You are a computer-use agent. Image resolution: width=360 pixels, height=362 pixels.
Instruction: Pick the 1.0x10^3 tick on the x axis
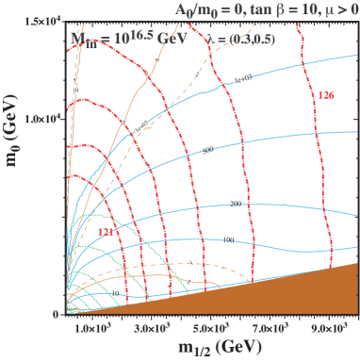pos(92,328)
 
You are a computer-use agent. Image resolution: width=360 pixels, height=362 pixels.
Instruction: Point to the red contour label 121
pos(106,230)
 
